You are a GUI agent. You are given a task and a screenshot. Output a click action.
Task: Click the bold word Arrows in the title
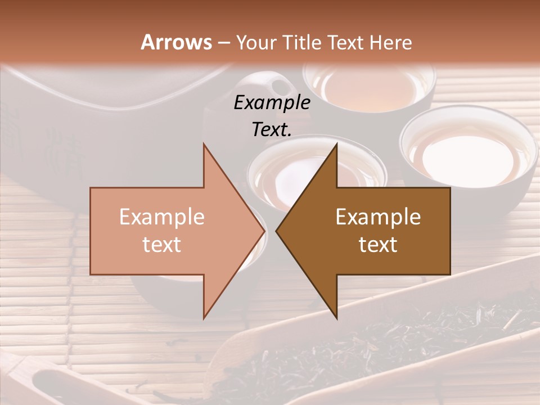click(x=176, y=42)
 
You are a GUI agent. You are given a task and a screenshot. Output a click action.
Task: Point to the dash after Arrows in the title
click(x=223, y=43)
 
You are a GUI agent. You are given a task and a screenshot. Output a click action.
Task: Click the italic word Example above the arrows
click(x=272, y=103)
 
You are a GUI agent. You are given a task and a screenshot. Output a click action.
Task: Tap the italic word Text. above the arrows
click(x=272, y=130)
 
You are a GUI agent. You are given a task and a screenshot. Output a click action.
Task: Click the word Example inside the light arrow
click(x=161, y=217)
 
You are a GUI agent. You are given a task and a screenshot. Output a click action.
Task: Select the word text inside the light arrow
click(x=161, y=245)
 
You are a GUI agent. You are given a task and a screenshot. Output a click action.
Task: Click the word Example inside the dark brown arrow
click(x=378, y=217)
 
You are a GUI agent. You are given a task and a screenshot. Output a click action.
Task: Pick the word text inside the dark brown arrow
click(x=378, y=245)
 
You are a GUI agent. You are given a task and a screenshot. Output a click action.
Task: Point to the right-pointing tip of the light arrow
click(x=264, y=231)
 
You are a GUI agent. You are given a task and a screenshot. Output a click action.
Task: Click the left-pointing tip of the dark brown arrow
click(x=276, y=231)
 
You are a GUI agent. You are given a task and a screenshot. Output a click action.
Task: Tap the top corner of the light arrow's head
click(x=204, y=143)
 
